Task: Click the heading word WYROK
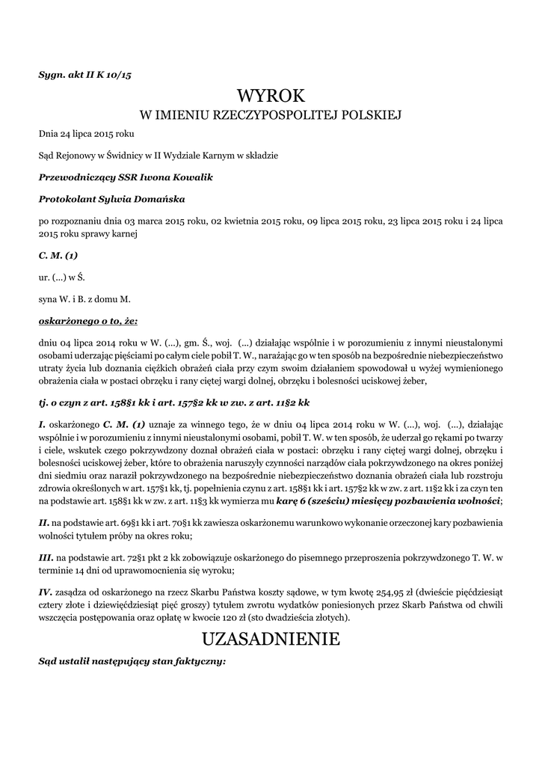(x=271, y=96)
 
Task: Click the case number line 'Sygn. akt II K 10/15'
(x=84, y=73)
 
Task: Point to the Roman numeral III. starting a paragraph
(x=46, y=558)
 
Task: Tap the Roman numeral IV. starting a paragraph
(x=46, y=591)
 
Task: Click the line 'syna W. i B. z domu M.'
(x=84, y=299)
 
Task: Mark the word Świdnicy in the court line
(x=131, y=156)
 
